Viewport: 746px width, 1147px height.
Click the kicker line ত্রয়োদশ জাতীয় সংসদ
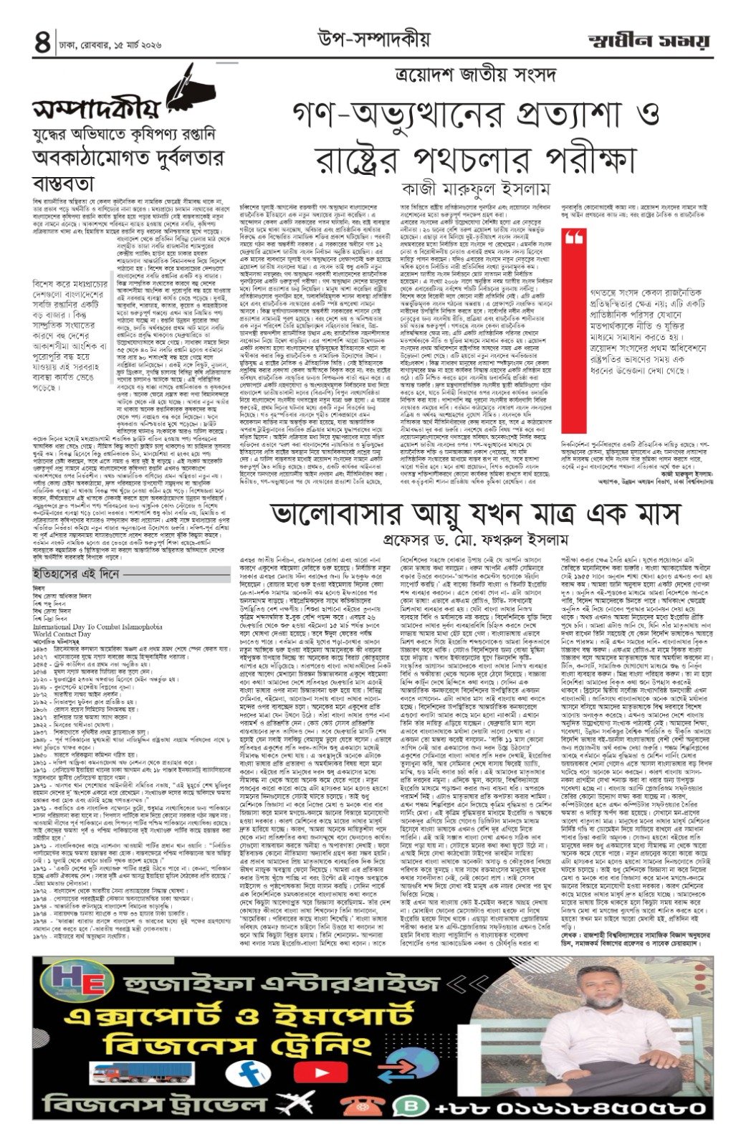pyautogui.click(x=451, y=75)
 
